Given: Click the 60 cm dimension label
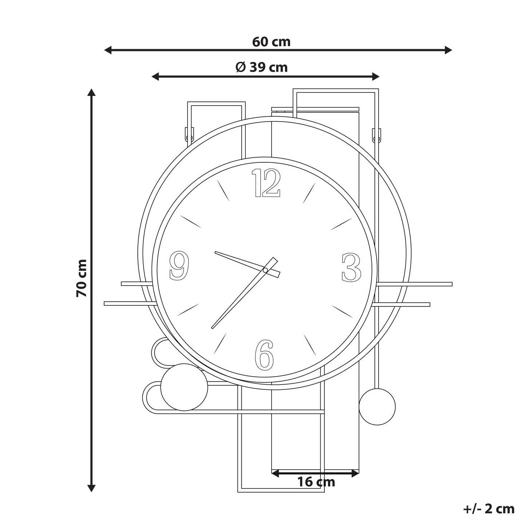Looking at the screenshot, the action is tap(271, 42).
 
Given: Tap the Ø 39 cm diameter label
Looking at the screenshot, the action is tap(261, 67).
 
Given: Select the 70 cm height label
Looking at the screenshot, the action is tap(82, 278).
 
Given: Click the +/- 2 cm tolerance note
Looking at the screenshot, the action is tap(489, 509).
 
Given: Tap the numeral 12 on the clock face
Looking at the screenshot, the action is tap(266, 182).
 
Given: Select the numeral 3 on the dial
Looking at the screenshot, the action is tap(352, 268).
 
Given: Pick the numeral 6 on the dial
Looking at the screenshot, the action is tap(264, 355).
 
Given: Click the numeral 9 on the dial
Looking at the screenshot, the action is tap(179, 265).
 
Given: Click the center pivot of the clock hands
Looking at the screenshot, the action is tap(265, 270).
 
